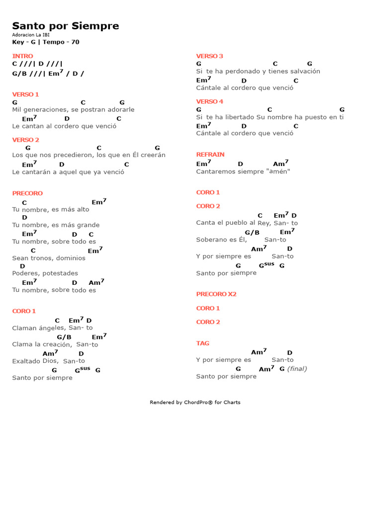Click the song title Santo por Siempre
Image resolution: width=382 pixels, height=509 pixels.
pos(66,26)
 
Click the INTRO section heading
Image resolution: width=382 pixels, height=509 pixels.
pos(23,56)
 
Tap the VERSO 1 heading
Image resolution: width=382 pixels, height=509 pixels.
pos(25,94)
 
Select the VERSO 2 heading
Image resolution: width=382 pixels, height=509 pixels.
pos(26,140)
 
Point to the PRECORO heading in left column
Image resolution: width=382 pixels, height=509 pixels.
pos(27,193)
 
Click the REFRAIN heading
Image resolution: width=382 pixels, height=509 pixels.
pos(210,155)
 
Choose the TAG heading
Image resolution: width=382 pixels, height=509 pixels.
pos(203,343)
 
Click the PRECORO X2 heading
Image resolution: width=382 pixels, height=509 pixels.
pos(216,294)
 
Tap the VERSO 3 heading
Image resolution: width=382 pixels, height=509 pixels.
pos(210,56)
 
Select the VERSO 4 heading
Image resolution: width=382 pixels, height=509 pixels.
pos(210,101)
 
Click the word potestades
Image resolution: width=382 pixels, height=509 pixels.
pos(60,273)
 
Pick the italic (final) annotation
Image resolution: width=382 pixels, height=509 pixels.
pos(297,369)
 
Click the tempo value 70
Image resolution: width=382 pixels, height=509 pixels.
pos(75,42)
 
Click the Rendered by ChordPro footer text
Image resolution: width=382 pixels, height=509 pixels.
pos(195,403)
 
